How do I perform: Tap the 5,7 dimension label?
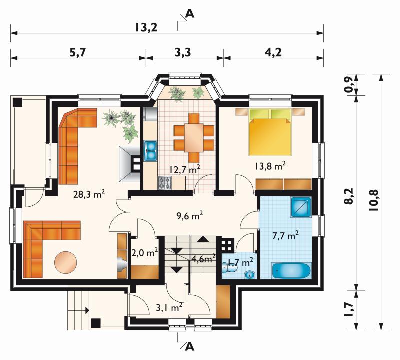tap(78, 52)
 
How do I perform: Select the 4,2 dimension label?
tap(274, 52)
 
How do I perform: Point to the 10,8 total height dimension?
tap(373, 201)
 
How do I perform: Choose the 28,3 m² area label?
tap(89, 194)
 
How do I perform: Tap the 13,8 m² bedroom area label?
tap(269, 166)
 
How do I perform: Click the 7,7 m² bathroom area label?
tap(285, 236)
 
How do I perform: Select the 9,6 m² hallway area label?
tap(190, 216)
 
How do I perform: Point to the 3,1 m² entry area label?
tap(169, 308)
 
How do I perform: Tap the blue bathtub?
tap(291, 271)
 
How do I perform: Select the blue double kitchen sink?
tap(150, 151)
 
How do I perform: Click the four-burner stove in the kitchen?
tap(165, 183)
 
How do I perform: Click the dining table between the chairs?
tap(194, 138)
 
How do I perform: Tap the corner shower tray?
tap(301, 207)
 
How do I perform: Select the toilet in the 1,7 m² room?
tap(229, 266)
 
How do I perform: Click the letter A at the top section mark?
tap(190, 14)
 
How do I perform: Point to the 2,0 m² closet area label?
tap(144, 253)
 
